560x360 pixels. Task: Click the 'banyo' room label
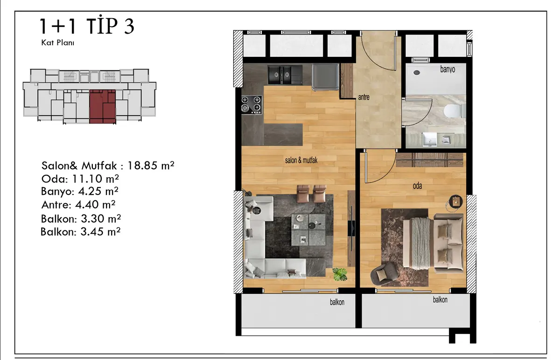(448, 69)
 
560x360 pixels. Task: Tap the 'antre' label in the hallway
(364, 97)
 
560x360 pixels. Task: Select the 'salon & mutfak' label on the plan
(301, 160)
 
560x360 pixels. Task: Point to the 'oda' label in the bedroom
(417, 186)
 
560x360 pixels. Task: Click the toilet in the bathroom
(454, 111)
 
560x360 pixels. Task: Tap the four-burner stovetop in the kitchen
(252, 105)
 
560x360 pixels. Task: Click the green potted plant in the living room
(340, 274)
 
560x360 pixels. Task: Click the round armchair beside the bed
(383, 274)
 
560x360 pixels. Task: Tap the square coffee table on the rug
(308, 229)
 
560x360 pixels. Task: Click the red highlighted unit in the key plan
(103, 106)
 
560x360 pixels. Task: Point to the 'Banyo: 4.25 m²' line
(79, 191)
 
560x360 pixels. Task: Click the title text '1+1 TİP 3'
(87, 26)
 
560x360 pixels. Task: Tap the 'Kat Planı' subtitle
(58, 43)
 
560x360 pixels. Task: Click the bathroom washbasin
(430, 139)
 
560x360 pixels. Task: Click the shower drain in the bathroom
(416, 72)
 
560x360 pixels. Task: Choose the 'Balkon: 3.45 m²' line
(80, 232)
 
